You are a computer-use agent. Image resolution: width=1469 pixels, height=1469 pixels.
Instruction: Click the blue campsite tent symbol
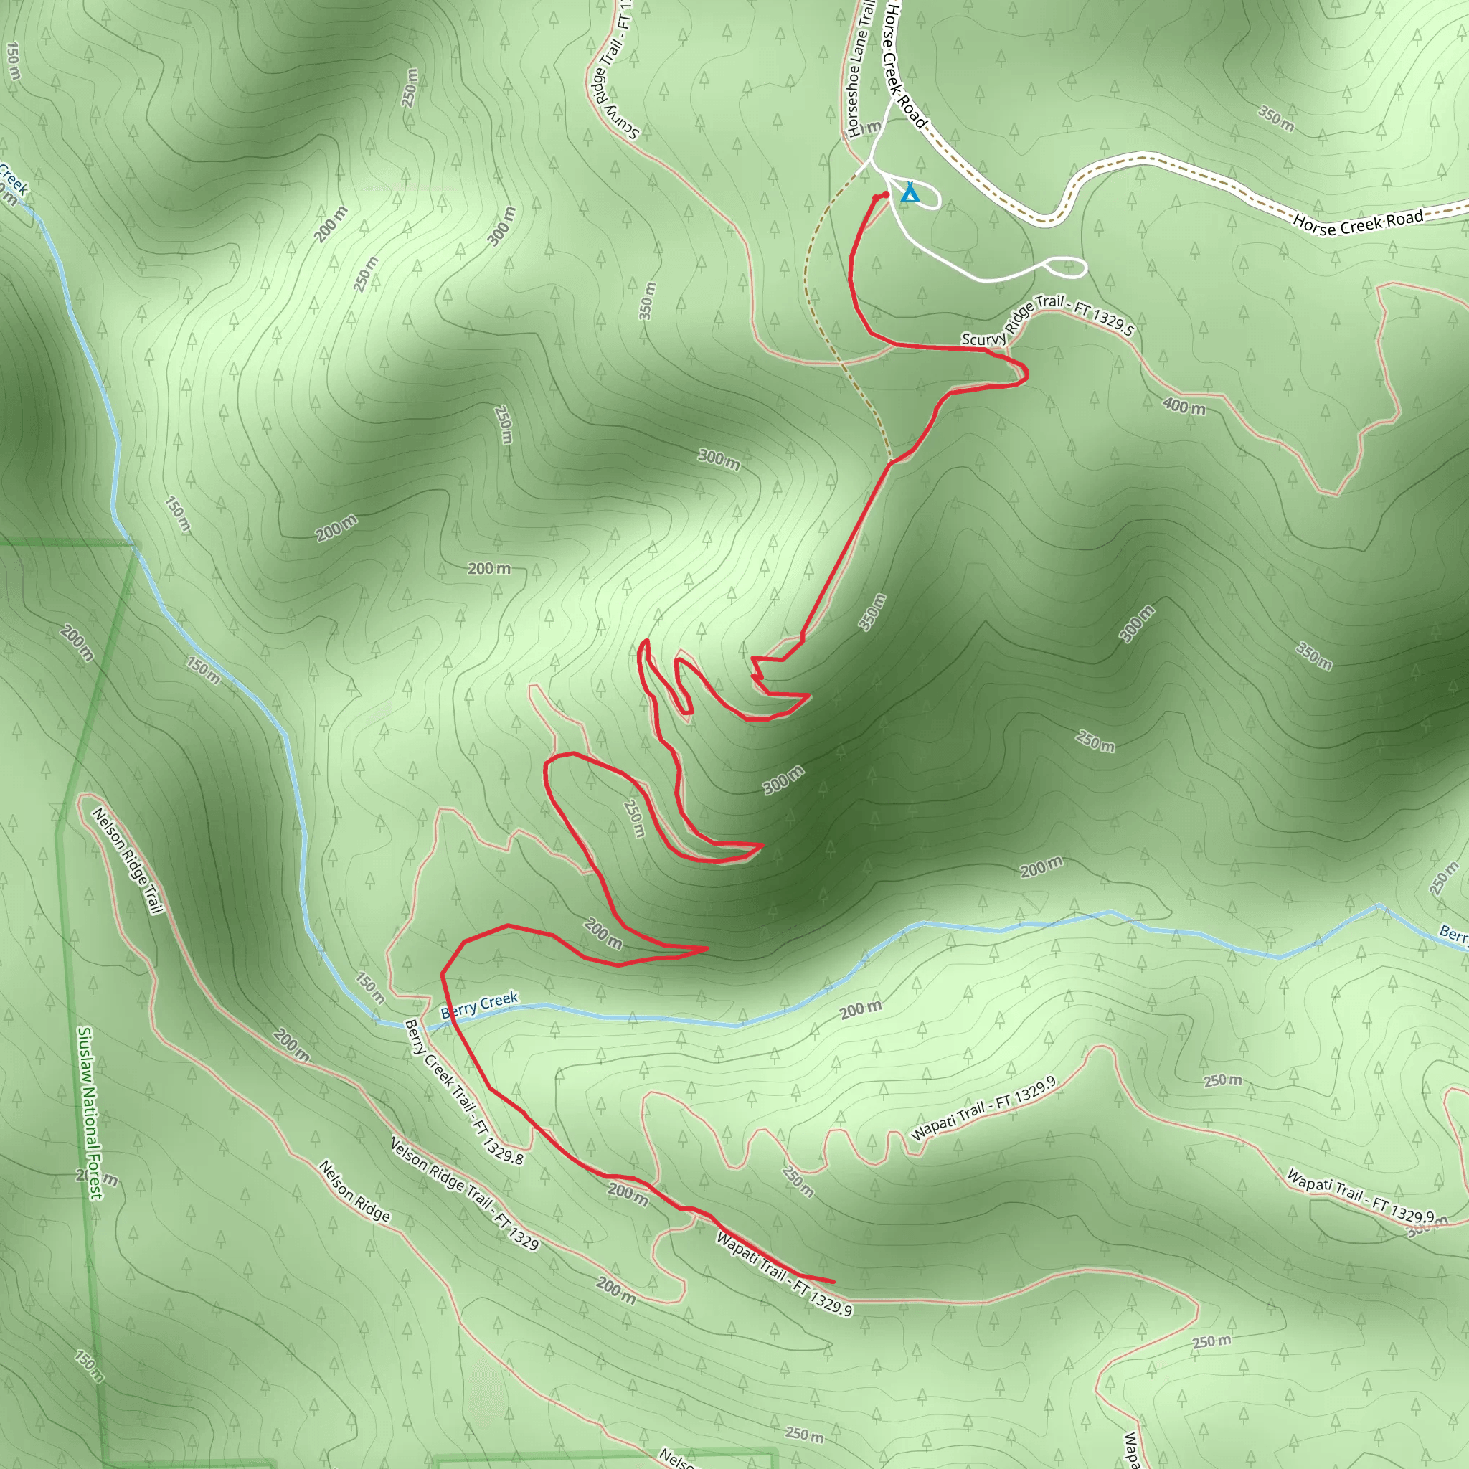(x=910, y=193)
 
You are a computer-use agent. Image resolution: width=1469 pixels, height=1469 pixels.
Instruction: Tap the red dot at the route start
(x=885, y=194)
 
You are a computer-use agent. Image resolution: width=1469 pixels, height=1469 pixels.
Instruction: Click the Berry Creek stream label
(x=479, y=1004)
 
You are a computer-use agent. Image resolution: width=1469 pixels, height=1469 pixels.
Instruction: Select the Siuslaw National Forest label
(x=89, y=1113)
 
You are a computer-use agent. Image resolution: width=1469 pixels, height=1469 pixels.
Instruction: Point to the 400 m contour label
(x=1184, y=407)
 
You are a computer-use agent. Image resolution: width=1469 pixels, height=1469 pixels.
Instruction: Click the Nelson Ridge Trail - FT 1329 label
(x=464, y=1194)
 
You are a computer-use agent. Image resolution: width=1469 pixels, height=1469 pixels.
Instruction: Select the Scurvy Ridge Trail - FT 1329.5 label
(x=1047, y=319)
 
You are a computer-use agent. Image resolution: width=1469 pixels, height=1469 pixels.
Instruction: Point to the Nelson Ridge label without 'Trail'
(x=354, y=1191)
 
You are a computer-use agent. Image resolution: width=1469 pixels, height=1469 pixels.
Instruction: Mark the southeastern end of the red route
(x=833, y=1282)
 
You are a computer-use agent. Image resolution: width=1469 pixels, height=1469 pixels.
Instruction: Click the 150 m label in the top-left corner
(x=13, y=61)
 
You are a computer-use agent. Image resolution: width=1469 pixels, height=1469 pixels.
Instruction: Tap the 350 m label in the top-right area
(x=1276, y=118)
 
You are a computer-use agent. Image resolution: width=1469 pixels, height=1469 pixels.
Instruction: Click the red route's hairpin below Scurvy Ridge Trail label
(x=1026, y=373)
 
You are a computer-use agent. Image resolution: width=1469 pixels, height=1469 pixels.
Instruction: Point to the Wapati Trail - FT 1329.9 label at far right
(x=1360, y=1195)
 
